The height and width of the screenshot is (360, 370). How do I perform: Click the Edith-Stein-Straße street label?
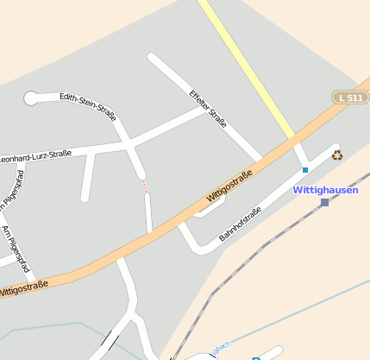87,105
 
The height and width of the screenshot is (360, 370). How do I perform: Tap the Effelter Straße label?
208,109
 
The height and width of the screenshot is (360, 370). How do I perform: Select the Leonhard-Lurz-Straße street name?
34,157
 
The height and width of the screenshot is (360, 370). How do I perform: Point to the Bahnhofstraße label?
241,224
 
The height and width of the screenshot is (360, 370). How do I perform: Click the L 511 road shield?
351,98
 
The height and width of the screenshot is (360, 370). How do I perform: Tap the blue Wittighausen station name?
325,189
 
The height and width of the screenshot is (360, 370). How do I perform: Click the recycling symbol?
337,155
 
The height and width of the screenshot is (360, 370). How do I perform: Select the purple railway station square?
324,202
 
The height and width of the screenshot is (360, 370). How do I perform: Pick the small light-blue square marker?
305,170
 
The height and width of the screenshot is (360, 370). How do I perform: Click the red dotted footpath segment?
144,185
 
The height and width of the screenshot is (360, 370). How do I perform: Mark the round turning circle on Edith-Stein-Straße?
31,98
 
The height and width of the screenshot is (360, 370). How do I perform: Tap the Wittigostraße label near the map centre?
229,186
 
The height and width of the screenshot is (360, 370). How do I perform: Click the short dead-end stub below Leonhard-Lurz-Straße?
87,176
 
